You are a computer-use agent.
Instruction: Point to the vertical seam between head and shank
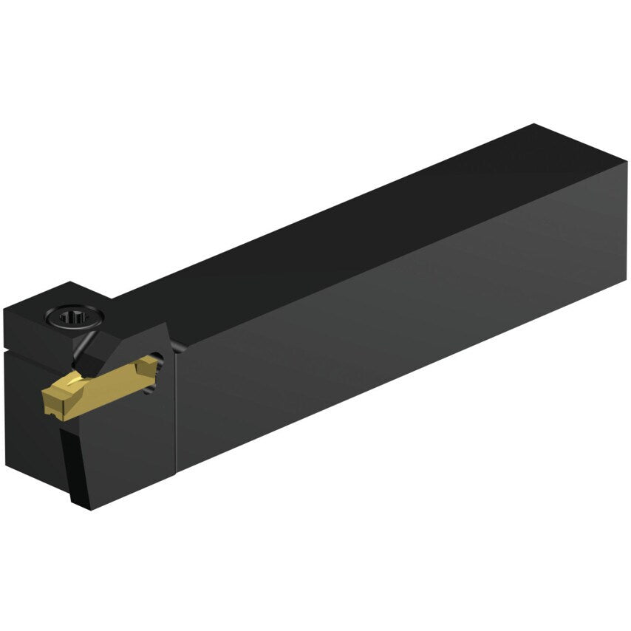(177, 414)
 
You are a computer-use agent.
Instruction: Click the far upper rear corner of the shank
(533, 126)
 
